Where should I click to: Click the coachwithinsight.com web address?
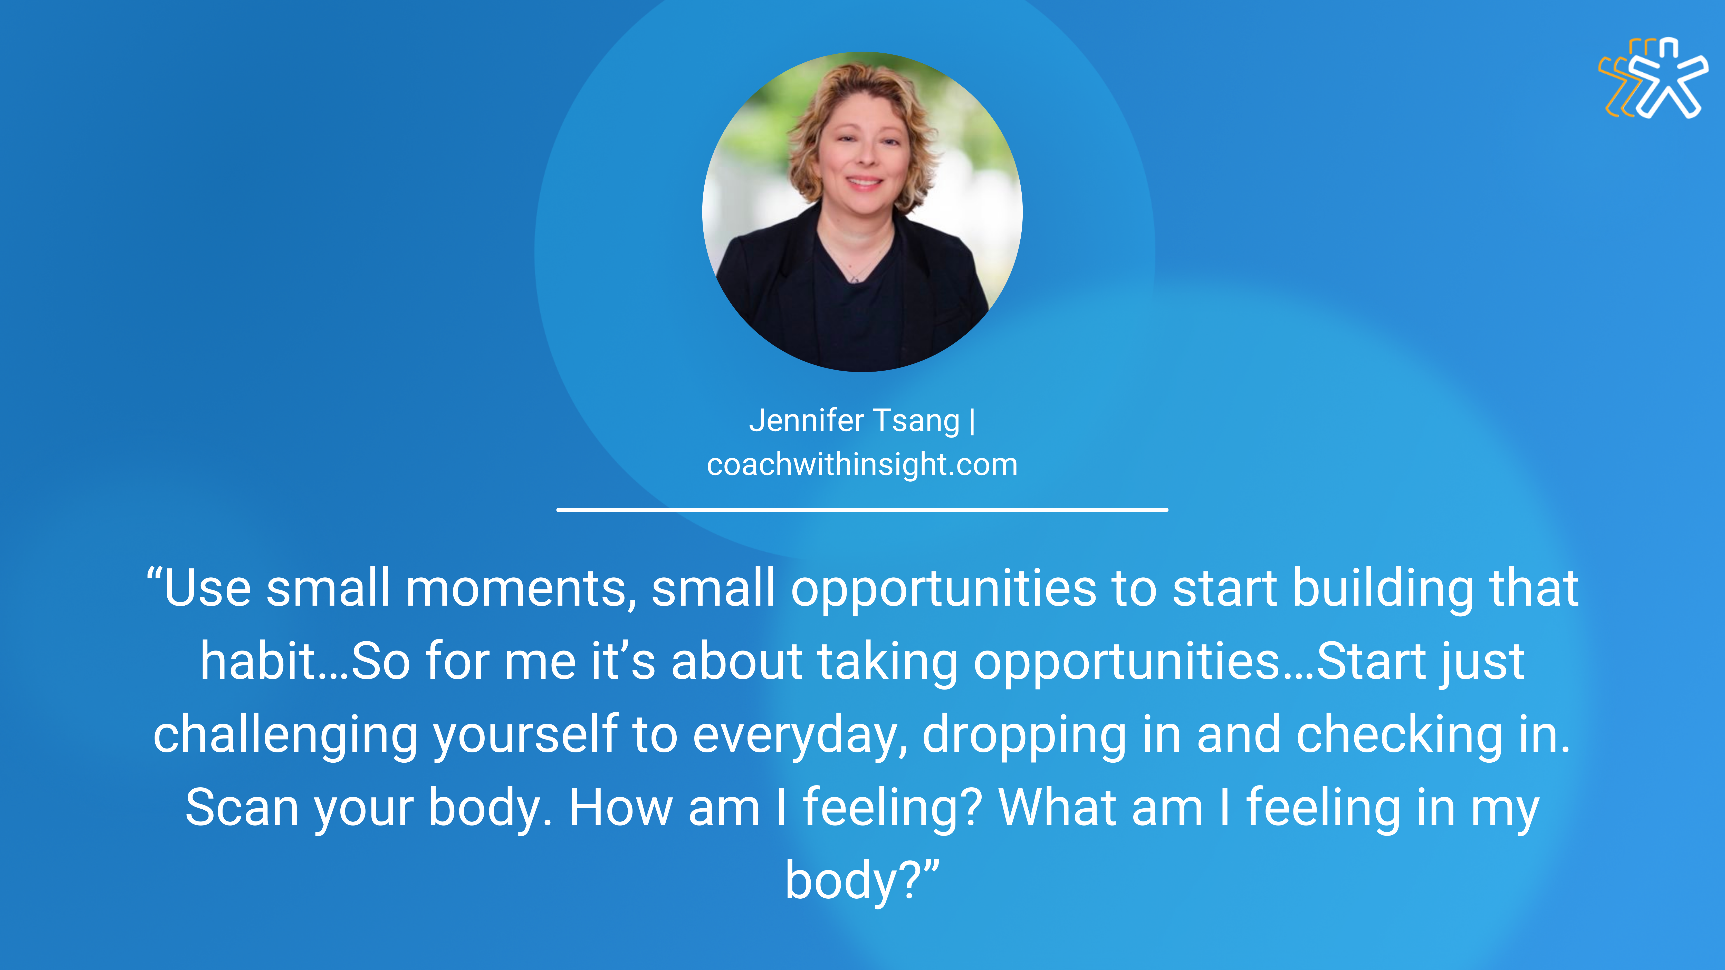[x=862, y=464]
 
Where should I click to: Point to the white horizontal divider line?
[x=862, y=510]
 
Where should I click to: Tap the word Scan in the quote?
[x=241, y=807]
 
